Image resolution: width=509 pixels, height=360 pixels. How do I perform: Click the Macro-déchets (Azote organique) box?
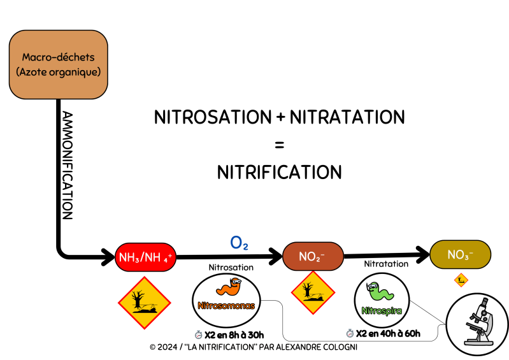coord(58,64)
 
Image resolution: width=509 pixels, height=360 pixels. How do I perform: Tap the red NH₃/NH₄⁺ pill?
coord(145,257)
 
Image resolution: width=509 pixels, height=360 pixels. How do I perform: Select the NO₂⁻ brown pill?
coord(313,256)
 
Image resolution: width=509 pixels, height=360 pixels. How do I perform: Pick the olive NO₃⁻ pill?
coord(460,255)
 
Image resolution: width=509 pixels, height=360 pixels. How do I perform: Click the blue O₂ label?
coord(239,243)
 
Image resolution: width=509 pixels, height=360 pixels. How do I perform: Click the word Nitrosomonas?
coord(226,306)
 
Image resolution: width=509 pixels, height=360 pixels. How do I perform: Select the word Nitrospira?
coord(382,311)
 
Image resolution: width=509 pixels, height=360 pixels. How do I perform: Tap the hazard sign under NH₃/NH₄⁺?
coord(144,303)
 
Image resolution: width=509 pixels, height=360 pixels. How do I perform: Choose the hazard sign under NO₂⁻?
coord(313,293)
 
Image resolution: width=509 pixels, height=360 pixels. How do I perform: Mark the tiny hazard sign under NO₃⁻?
coord(461,280)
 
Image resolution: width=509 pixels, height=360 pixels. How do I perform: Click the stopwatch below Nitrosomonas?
coord(199,334)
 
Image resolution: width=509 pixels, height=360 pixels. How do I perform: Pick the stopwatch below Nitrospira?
coord(350,333)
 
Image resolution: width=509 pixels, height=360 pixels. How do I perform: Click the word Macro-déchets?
coord(58,57)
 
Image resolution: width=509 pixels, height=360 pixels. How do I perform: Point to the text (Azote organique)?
coord(58,72)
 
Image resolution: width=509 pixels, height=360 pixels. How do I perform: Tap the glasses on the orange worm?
coord(235,281)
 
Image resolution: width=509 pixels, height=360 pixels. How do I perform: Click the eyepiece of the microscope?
coord(484,301)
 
